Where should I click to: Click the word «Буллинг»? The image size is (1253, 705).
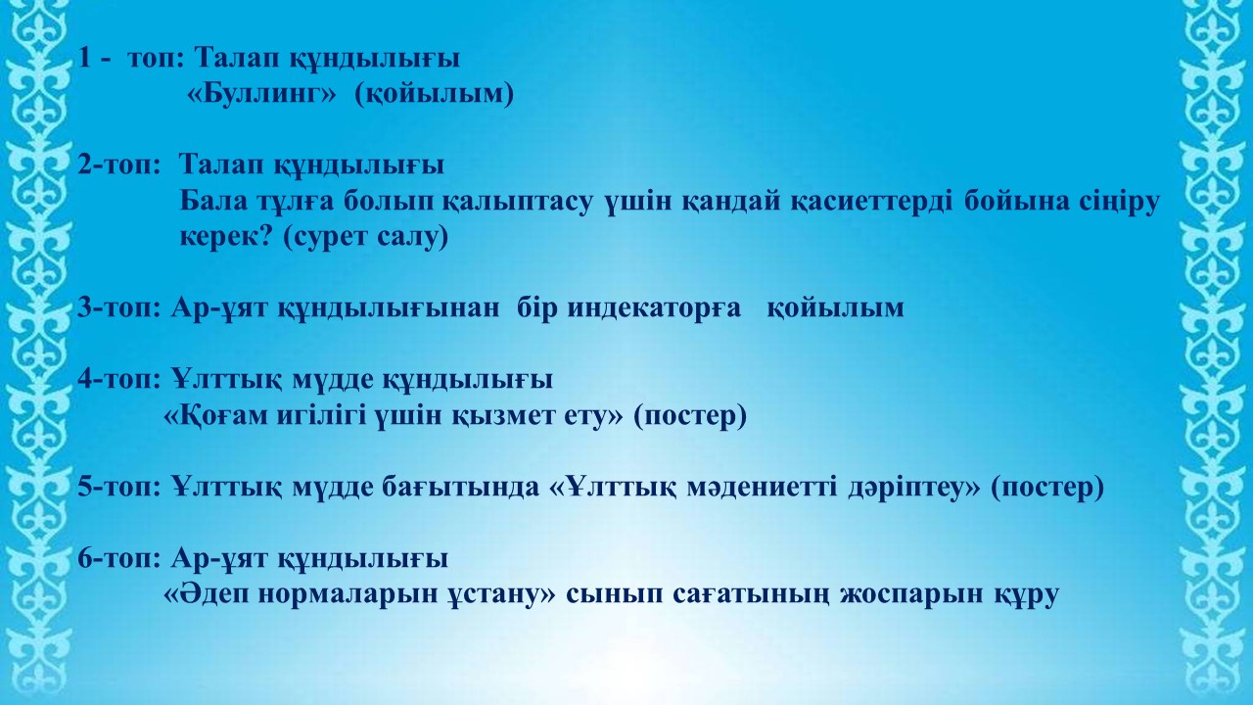coord(261,93)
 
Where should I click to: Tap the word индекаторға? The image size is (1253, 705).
coord(654,308)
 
